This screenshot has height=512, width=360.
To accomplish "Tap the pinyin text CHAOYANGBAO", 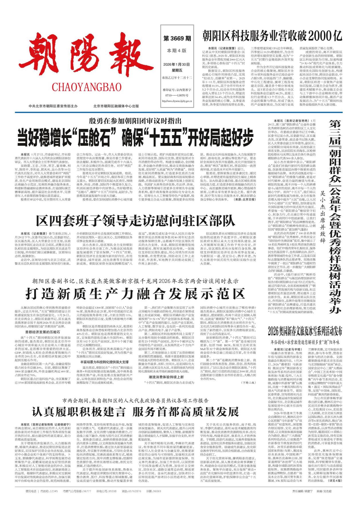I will pyautogui.click(x=87, y=87).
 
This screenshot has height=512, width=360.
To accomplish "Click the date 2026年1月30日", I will pyautogui.click(x=177, y=64).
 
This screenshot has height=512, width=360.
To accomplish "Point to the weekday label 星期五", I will pyautogui.click(x=177, y=70).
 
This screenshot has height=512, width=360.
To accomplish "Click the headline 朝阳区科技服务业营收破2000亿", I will pyautogui.click(x=272, y=36).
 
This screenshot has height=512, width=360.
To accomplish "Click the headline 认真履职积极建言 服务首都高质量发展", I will pyautogui.click(x=135, y=412).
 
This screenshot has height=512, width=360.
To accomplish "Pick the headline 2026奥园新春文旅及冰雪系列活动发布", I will pyautogui.click(x=305, y=331).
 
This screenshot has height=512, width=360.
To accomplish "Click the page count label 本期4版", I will pyautogui.click(x=177, y=51).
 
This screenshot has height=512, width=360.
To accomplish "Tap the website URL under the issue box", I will pyautogui.click(x=177, y=101).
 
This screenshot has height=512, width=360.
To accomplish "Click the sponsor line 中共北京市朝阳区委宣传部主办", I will pyautogui.click(x=53, y=106).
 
